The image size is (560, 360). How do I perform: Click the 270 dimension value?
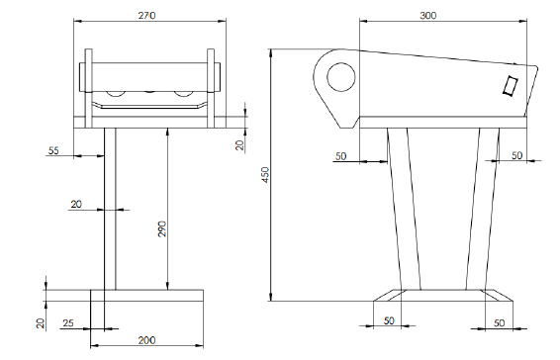[146, 16]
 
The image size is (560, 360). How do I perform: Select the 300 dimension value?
[427, 16]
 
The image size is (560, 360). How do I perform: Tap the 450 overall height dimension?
[266, 175]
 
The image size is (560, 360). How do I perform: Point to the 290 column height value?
[162, 229]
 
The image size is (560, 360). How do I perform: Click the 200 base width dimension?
[146, 340]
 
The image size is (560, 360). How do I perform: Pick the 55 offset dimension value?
[53, 150]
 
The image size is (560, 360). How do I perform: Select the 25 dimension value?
[68, 323]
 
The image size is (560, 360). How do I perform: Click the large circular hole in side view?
[341, 77]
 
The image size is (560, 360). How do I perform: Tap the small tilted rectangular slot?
[511, 86]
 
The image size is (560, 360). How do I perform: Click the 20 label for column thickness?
[76, 205]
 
